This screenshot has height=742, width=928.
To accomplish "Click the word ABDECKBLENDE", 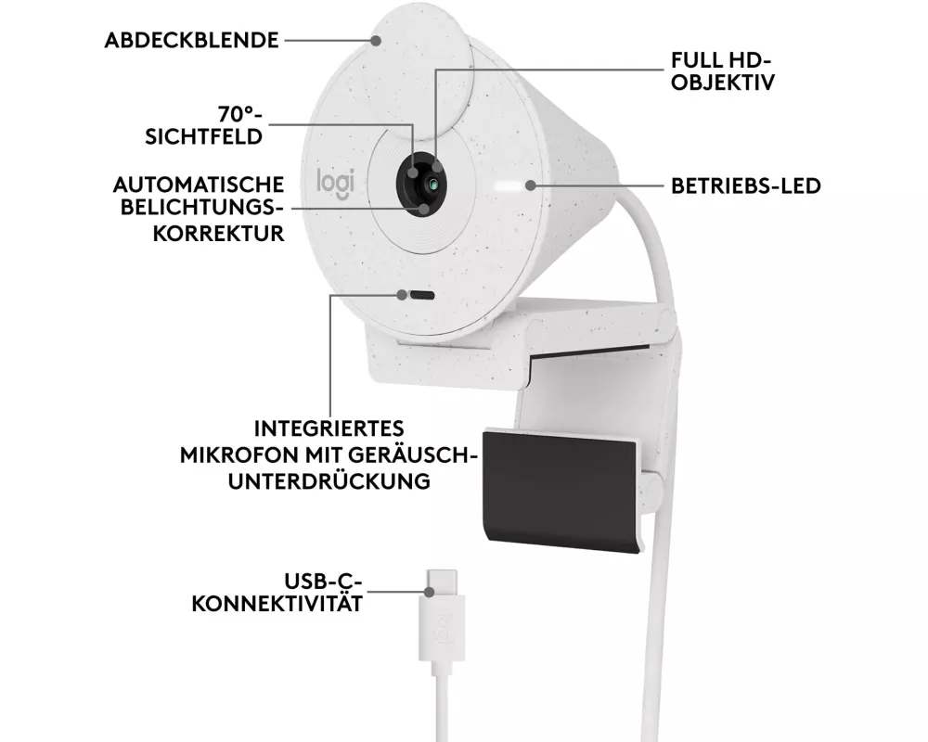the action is pos(191,40).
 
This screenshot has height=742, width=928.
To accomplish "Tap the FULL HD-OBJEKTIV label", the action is pos(723,71).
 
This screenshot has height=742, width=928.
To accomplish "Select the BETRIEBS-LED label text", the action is pos(746,185).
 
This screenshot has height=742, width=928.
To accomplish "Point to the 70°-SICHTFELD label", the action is pos(204,125).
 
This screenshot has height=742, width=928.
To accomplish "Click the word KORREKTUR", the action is pos(218,233).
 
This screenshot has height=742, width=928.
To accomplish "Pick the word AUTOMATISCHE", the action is pos(199,185).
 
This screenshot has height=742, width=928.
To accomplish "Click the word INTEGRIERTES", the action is pos(329,429).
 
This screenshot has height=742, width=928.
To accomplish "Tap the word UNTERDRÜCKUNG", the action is pos(329,481).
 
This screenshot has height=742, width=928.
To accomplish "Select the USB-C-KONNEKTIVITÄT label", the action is pos(277,593).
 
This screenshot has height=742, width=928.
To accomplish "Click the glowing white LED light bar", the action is pos(509,186).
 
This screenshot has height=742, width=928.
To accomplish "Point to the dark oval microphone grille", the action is pos(422,295).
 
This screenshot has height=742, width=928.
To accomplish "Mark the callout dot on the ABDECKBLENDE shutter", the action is pos(376,40).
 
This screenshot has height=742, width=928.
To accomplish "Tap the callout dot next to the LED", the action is pos(530,185).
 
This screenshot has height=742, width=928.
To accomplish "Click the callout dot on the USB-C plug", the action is pos(429,591).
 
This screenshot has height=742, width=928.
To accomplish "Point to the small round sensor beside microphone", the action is pos(403,295).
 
